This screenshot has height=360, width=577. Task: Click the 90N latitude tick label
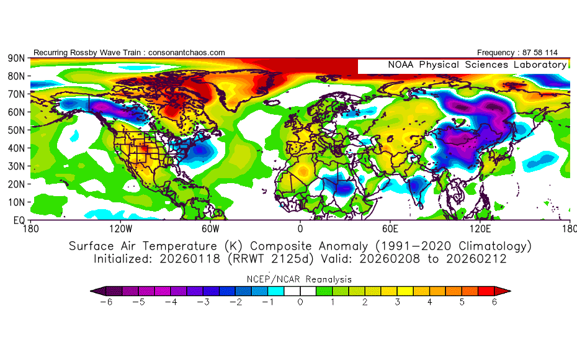click(x=16, y=58)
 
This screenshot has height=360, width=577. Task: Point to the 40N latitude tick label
click(x=16, y=148)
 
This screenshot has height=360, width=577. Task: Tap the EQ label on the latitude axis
click(x=18, y=220)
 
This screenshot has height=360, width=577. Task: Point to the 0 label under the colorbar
click(x=300, y=302)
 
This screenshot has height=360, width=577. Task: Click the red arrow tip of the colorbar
click(x=505, y=290)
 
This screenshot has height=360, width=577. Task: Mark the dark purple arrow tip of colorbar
click(x=96, y=290)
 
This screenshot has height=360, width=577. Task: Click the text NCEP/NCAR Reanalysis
click(x=300, y=279)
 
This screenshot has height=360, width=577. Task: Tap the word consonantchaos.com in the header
click(x=187, y=53)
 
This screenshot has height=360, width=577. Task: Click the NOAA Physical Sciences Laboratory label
click(x=477, y=65)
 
